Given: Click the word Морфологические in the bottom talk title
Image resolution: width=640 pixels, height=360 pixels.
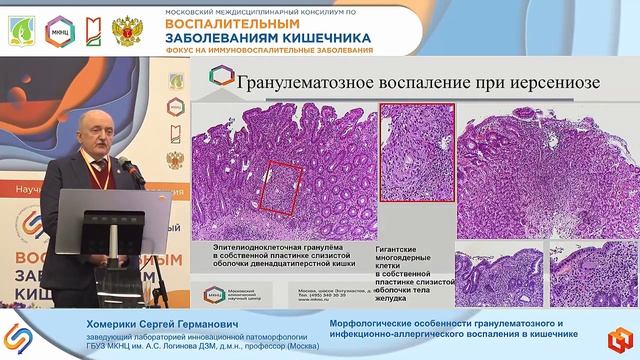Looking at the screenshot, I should (x=373, y=323).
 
